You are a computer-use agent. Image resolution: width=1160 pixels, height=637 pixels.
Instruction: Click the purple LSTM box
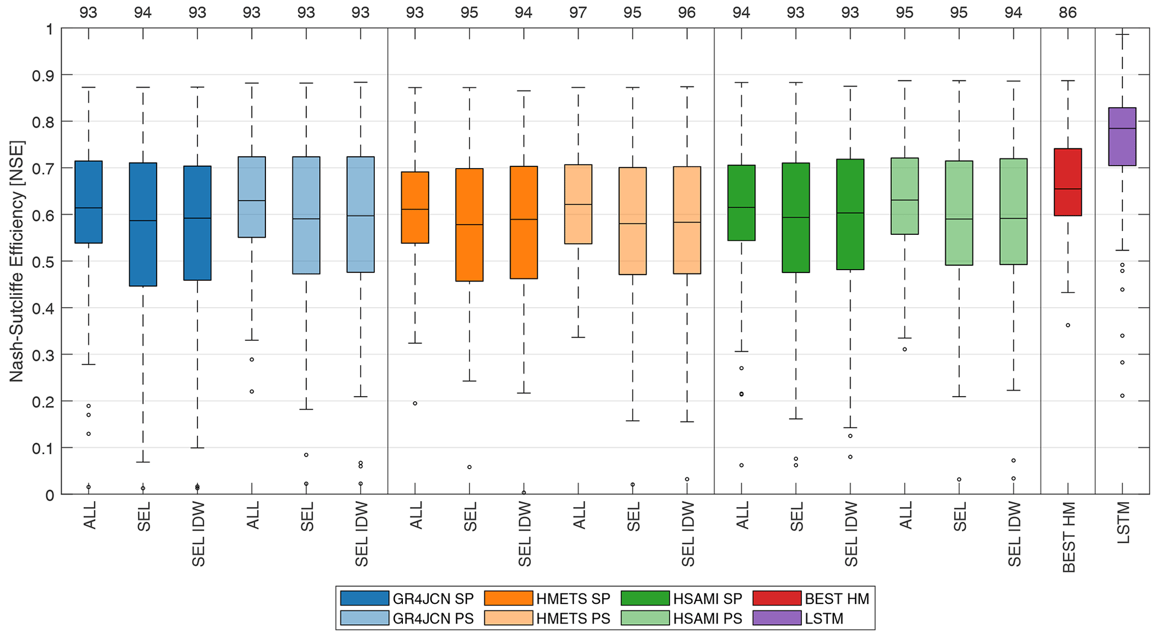pyautogui.click(x=1122, y=136)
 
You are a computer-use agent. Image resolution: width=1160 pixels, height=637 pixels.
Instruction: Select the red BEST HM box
pyautogui.click(x=1067, y=182)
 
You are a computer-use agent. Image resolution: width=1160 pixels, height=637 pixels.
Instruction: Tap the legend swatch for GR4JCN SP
pyautogui.click(x=364, y=598)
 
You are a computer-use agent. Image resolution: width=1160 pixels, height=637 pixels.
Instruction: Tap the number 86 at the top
pyautogui.click(x=1067, y=12)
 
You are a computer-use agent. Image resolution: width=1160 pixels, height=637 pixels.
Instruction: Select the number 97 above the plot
pyautogui.click(x=578, y=12)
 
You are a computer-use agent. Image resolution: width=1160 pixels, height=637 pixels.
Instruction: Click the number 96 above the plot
pyautogui.click(x=687, y=12)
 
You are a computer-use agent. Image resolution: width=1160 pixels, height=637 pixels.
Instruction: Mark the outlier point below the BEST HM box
pyautogui.click(x=1068, y=325)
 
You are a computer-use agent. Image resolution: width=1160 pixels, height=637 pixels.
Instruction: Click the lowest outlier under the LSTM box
pyautogui.click(x=1122, y=396)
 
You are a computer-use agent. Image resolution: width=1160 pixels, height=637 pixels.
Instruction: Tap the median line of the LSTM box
pyautogui.click(x=1122, y=129)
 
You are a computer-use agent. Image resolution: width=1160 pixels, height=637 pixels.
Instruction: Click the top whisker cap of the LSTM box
pyautogui.click(x=1122, y=35)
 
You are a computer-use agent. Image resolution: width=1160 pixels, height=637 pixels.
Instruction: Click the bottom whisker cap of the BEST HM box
pyautogui.click(x=1067, y=293)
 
